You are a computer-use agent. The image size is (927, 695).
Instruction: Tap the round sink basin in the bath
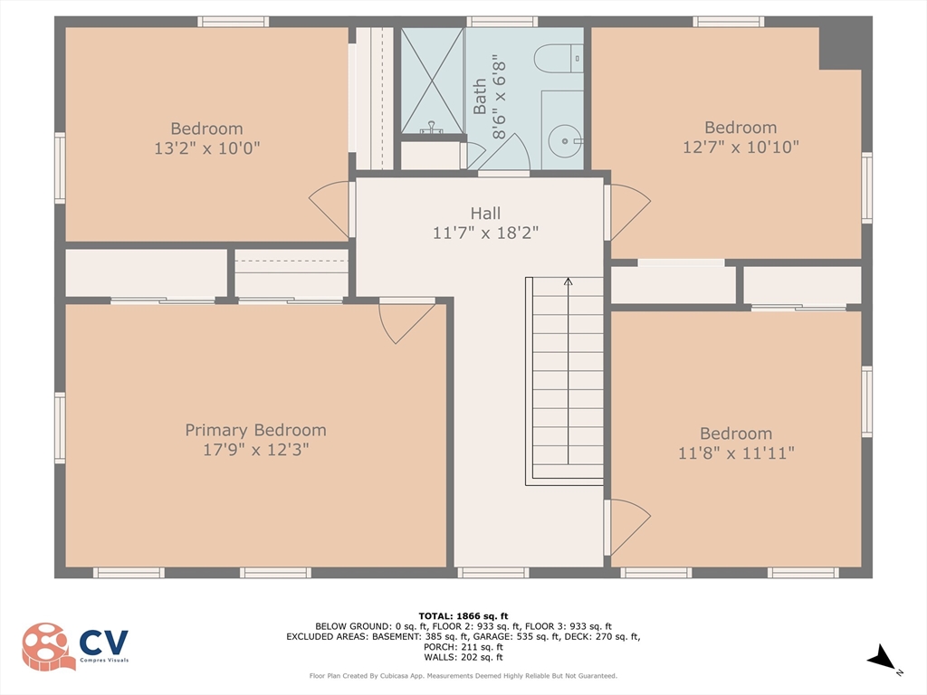[565, 141]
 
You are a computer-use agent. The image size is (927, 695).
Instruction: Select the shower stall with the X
[432, 81]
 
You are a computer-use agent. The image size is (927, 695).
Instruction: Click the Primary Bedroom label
[255, 430]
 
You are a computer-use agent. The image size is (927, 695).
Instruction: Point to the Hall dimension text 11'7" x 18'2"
[485, 233]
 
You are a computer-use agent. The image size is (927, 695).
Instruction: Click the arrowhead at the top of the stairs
[569, 281]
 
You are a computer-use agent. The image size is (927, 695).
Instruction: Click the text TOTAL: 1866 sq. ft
[463, 616]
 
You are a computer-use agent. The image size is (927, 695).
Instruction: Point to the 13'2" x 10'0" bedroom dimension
[207, 148]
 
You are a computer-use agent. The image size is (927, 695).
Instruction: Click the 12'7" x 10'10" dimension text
[741, 147]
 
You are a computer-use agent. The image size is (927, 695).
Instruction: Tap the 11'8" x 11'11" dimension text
[736, 453]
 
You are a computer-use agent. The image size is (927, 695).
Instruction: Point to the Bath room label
[480, 96]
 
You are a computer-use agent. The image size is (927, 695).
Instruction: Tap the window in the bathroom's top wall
[502, 22]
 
